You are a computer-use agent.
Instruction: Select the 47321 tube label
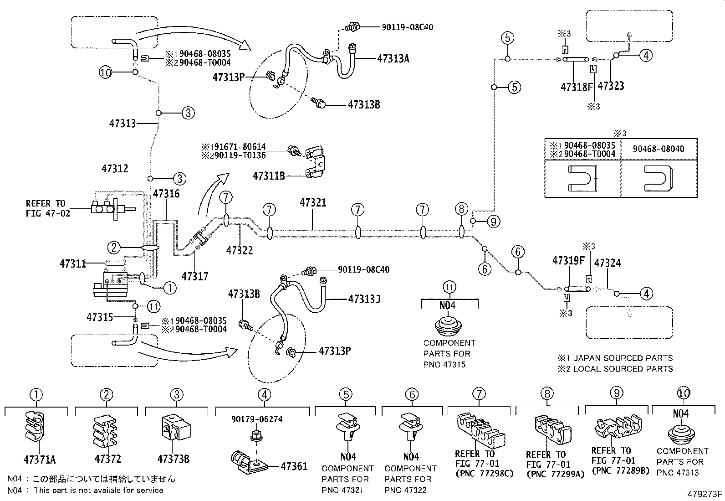(313, 203)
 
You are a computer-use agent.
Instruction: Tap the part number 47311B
(268, 176)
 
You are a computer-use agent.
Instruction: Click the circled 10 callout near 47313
(106, 72)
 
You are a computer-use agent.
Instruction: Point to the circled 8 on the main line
(461, 209)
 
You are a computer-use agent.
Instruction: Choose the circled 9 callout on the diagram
(493, 222)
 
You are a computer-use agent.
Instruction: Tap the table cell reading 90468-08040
(658, 150)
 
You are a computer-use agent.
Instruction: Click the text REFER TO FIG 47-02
(48, 208)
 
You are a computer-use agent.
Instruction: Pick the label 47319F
(568, 261)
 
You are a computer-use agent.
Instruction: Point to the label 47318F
(577, 87)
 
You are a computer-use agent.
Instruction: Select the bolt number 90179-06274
(257, 419)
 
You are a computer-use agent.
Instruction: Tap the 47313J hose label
(364, 299)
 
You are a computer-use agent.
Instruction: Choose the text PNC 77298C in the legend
(484, 473)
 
